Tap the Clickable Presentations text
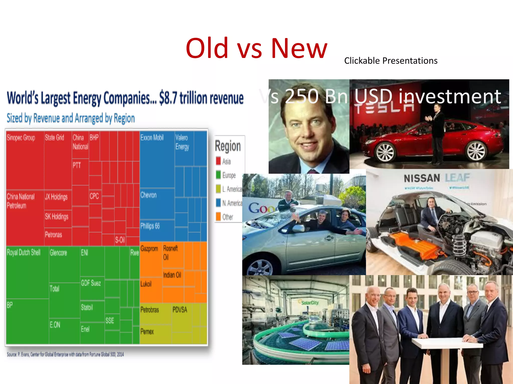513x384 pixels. [x=391, y=61]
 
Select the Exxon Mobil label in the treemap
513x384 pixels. [x=152, y=137]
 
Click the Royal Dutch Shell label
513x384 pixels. [x=24, y=252]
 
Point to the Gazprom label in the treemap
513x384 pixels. [x=149, y=249]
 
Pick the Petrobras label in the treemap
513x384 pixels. [x=150, y=310]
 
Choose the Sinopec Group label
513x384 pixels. [x=21, y=138]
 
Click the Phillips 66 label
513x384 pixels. [x=150, y=226]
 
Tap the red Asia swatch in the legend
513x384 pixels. [x=218, y=161]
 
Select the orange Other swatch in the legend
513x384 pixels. [x=218, y=216]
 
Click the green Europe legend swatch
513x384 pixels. [x=218, y=174]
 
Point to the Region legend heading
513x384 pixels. [x=228, y=146]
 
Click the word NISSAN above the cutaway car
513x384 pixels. [x=422, y=178]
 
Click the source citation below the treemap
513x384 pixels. [x=65, y=354]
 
